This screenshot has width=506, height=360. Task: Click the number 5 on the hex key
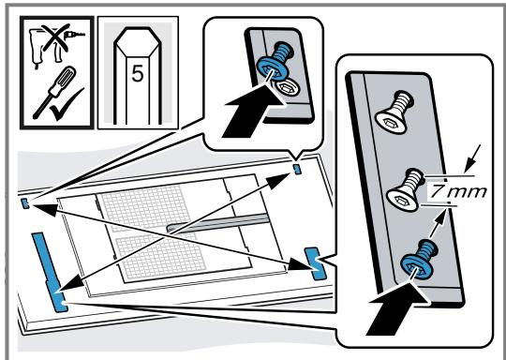pos(137,74)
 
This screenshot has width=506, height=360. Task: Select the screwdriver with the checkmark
pos(54,92)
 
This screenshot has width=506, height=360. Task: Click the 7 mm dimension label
pos(458,192)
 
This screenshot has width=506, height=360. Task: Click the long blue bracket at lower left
pos(50,272)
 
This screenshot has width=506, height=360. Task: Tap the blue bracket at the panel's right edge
pos(316,263)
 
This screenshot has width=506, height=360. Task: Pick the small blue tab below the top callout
pos(298,169)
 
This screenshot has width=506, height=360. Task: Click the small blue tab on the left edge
pos(25,203)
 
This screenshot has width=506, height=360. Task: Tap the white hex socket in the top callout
pos(286,87)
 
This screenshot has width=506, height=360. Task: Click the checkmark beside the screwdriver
pos(67,105)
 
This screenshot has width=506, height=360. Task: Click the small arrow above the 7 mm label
pos(472,158)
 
